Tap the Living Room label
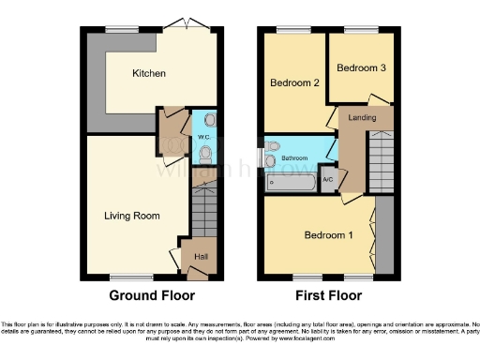pos(131,216)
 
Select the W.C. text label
pos(202,138)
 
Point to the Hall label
pos(201,256)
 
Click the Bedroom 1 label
pos(328,234)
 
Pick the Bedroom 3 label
pos(360,68)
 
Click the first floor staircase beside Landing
pos(382,162)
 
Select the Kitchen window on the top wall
pos(121,31)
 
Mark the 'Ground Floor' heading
pos(152,295)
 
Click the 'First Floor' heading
pos(328,295)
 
